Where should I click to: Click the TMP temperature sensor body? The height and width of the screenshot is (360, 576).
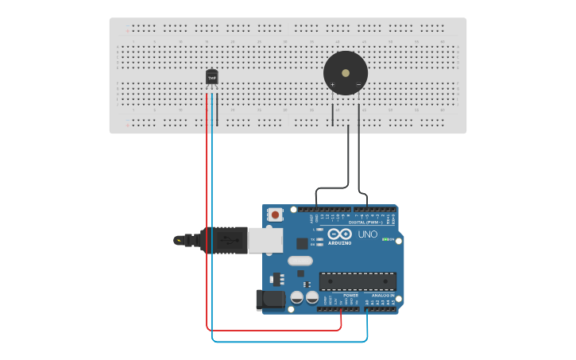click(x=212, y=77)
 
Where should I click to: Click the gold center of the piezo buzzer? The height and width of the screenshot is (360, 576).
click(x=346, y=72)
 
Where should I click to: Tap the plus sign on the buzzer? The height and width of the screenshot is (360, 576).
click(x=332, y=84)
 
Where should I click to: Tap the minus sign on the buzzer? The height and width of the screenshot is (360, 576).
click(x=358, y=84)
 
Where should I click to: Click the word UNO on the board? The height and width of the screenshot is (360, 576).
click(x=368, y=234)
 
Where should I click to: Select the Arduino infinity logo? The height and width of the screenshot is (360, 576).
click(x=340, y=234)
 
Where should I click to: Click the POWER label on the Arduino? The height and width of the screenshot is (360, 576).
click(x=350, y=295)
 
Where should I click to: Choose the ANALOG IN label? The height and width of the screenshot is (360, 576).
click(x=382, y=295)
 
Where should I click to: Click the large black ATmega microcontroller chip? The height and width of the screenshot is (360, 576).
click(x=358, y=281)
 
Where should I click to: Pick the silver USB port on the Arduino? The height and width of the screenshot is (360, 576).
click(x=265, y=240)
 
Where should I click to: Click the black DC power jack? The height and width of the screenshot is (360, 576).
click(x=270, y=299)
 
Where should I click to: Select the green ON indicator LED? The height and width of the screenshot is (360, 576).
click(x=385, y=239)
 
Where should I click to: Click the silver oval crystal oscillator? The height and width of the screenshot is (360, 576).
click(x=300, y=261)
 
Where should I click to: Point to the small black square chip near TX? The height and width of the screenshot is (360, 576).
click(x=302, y=244)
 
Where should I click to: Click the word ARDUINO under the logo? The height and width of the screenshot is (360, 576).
click(x=340, y=243)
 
